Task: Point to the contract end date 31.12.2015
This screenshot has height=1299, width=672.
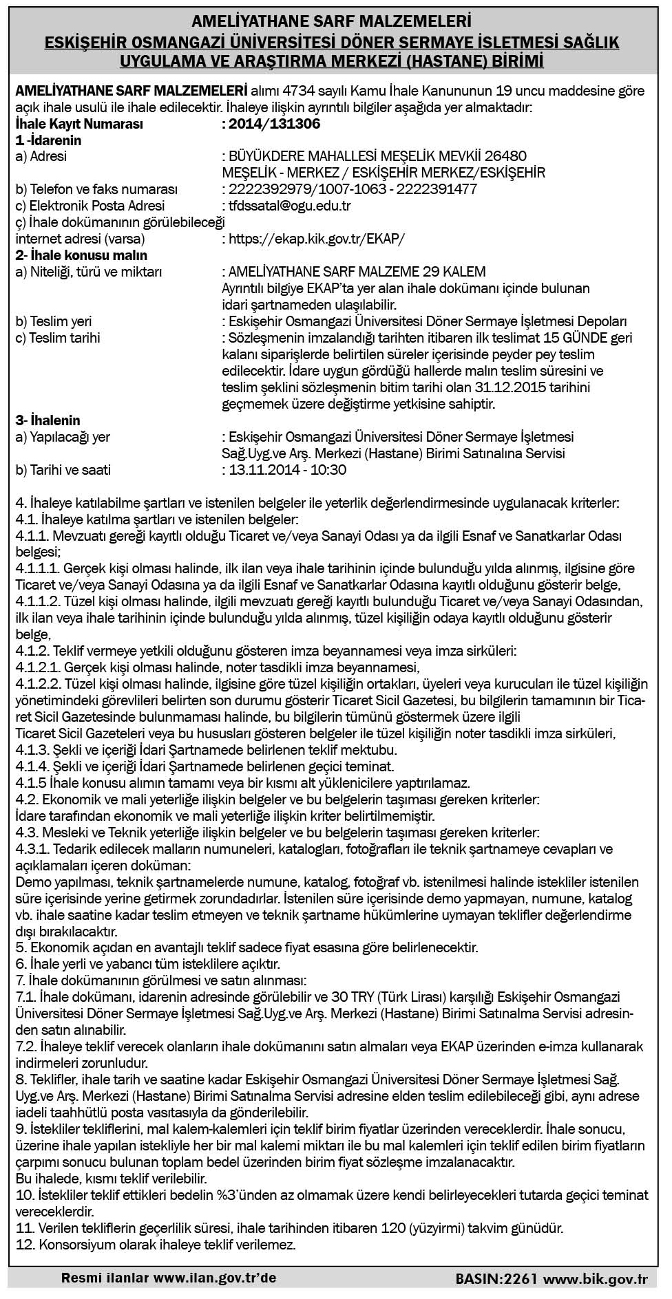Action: [505, 387]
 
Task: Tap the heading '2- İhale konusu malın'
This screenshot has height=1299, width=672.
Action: [82, 255]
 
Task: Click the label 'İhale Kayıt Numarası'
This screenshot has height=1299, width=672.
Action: [79, 125]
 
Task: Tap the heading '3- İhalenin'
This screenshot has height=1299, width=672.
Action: [48, 420]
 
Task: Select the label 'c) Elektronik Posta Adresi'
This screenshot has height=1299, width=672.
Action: [90, 206]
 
